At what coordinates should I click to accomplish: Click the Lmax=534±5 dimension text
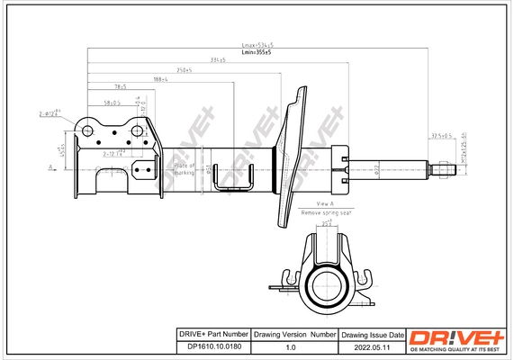pyautogui.click(x=258, y=45)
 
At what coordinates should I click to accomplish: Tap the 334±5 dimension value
pyautogui.click(x=217, y=59)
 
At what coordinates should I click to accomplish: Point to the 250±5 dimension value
pyautogui.click(x=185, y=69)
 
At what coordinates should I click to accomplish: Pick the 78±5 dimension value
pyautogui.click(x=120, y=87)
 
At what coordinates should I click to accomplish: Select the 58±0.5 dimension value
pyautogui.click(x=112, y=103)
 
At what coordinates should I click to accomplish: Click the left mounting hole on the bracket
pyautogui.click(x=88, y=132)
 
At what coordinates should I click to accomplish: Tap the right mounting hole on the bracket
pyautogui.click(x=136, y=132)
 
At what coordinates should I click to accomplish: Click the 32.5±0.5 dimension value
pyautogui.click(x=441, y=135)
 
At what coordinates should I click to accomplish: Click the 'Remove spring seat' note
pyautogui.click(x=326, y=212)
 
